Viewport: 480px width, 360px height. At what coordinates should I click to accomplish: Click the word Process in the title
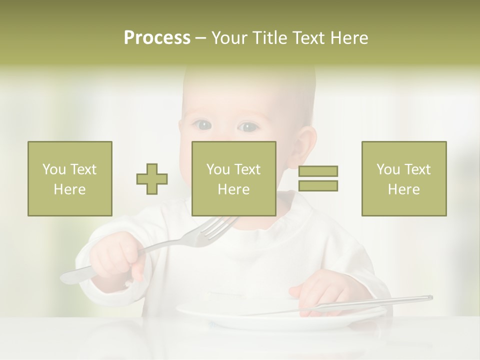click(157, 38)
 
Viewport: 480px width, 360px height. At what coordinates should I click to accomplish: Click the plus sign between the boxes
click(152, 178)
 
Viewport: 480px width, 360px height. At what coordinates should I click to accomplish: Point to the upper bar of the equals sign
click(318, 171)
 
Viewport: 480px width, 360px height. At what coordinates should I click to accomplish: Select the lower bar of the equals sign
click(318, 185)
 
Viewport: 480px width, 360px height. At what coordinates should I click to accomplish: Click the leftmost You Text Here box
click(70, 178)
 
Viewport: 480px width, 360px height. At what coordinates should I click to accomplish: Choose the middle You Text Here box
click(234, 178)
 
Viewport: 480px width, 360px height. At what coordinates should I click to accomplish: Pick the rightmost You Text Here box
click(404, 178)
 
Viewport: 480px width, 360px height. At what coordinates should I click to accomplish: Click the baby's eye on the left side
click(202, 125)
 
